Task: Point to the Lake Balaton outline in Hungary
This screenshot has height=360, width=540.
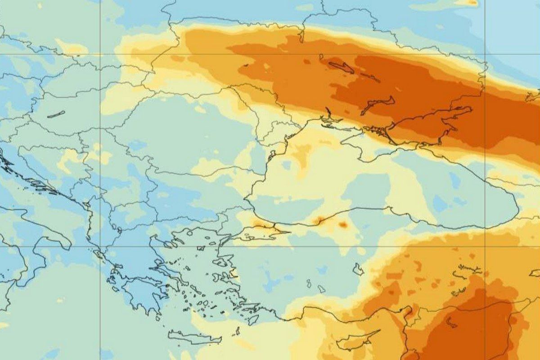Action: pos(56,114)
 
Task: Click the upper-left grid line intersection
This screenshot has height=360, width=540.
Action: pos(100,54)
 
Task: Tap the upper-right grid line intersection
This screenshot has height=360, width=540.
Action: pos(485,54)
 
